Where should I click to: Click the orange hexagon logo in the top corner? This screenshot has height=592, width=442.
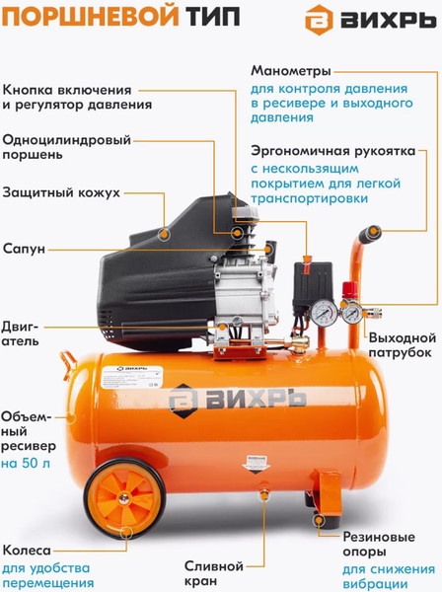click(x=319, y=20)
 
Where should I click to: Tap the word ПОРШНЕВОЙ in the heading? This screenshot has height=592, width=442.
click(x=91, y=17)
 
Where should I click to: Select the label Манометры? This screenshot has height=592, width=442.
click(x=291, y=71)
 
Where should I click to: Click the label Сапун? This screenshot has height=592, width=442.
click(x=24, y=249)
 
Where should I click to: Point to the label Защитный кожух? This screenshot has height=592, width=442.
click(x=61, y=192)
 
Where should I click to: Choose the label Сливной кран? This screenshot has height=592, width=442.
click(x=214, y=573)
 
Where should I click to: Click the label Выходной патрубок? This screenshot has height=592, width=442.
click(x=403, y=345)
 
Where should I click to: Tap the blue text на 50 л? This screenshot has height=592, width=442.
click(x=26, y=463)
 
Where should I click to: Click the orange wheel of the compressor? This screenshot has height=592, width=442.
click(x=124, y=498)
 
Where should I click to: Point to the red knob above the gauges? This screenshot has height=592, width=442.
click(x=349, y=290)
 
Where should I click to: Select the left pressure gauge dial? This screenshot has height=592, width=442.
click(x=325, y=313)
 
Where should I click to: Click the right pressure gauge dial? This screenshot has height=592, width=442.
click(x=352, y=314)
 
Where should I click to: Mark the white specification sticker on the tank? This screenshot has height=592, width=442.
click(x=132, y=377)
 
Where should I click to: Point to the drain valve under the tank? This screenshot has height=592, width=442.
click(x=263, y=494)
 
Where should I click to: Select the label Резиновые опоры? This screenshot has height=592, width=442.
click(x=379, y=544)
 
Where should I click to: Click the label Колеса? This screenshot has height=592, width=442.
click(x=27, y=551)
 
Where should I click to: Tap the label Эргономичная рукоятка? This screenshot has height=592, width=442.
click(x=333, y=151)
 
